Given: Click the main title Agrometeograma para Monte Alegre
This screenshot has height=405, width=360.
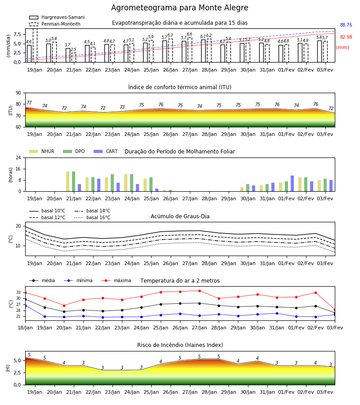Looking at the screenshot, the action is coord(180,8).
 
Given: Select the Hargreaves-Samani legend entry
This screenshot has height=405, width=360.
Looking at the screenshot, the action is coord(57,17).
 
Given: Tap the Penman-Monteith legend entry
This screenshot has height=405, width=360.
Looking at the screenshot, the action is coord(55,24).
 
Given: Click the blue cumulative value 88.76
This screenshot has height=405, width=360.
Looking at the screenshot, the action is coord(346,25).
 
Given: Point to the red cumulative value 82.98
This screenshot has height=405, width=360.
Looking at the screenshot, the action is coord(346,37).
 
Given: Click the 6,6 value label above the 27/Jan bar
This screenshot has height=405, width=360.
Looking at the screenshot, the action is coord(189,34).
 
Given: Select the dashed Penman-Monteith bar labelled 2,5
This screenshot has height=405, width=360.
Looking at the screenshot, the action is coord(74,58).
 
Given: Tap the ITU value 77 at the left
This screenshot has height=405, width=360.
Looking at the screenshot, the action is coord(29,103).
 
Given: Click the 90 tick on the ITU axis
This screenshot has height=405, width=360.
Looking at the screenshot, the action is coord(18,93).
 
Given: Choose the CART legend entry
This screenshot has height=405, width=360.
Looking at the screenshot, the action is coord(106,151).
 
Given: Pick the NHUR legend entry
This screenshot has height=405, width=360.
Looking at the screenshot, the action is coord(42,151).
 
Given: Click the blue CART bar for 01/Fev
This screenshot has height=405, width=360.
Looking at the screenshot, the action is coord(292,184).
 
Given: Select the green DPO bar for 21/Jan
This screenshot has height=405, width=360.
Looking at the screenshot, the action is coord(74,181).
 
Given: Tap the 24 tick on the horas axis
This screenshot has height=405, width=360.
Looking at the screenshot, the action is coord(18,157).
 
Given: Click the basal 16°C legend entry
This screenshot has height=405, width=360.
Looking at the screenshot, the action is coord(92,217).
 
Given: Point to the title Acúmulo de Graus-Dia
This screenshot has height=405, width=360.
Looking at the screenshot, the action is coord(180,216).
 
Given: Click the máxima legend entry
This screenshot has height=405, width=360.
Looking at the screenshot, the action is coord(116,280).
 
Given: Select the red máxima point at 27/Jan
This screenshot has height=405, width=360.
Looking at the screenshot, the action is coord(199,291).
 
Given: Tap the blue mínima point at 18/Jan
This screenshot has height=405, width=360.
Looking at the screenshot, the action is coord(25,306).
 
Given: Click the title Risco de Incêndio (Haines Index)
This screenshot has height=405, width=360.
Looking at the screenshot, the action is coord(180,345).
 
